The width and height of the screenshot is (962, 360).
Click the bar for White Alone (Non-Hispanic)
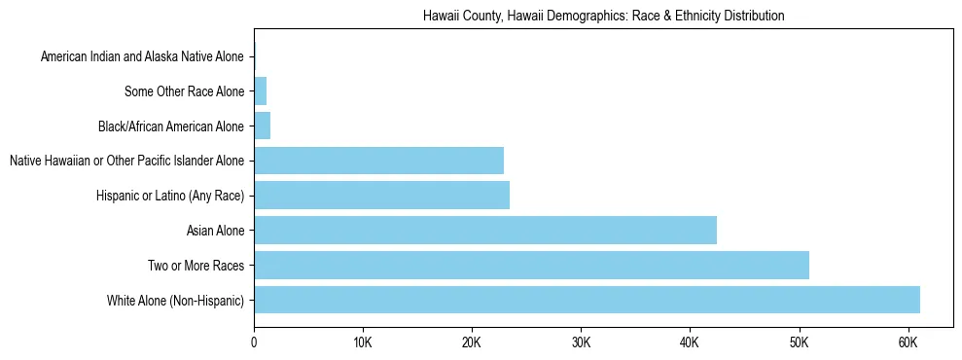[587, 300]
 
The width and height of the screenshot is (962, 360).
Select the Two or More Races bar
[531, 265]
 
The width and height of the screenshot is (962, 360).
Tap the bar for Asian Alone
[485, 231]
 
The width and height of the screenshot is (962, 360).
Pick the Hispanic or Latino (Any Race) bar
[381, 196]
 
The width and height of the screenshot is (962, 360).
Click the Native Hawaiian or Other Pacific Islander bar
[378, 161]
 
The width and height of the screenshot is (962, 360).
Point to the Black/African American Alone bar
[262, 126]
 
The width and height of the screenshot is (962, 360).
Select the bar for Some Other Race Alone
[260, 91]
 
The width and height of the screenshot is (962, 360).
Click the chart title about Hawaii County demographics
[603, 17]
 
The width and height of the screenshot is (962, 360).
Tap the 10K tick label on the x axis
[363, 342]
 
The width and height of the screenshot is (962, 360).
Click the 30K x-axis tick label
[581, 342]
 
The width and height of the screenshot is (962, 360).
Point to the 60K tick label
[908, 342]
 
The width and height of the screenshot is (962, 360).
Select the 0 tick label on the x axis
[254, 342]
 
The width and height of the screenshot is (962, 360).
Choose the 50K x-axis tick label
[799, 342]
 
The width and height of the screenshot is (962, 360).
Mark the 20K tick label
[472, 342]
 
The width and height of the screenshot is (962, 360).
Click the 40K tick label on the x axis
[690, 342]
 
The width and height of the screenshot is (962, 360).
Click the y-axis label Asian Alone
[215, 231]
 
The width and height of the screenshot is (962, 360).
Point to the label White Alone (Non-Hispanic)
[176, 300]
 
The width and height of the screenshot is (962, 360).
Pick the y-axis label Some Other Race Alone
[185, 91]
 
